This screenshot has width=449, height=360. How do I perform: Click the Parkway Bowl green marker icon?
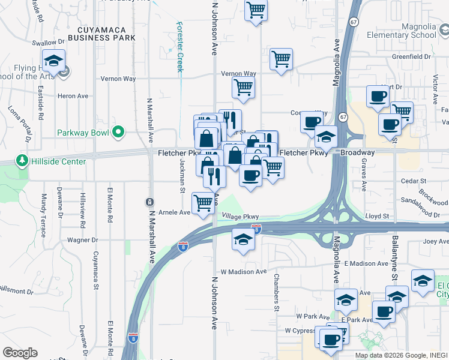point(119,132)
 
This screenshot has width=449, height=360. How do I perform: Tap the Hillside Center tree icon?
point(22,161)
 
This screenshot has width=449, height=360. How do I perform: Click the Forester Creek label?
point(179,47)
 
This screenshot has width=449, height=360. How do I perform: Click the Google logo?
point(20,352)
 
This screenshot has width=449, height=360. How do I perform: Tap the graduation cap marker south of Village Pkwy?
point(244,239)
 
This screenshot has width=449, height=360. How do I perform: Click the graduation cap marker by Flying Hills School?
point(55,61)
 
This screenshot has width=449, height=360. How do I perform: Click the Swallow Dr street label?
point(48,43)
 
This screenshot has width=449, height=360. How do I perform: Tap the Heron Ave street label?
point(73,96)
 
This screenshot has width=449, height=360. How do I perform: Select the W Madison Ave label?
point(243,272)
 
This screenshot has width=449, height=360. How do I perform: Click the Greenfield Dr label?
point(412,57)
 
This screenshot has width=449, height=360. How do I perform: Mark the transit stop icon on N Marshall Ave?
point(149,202)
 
